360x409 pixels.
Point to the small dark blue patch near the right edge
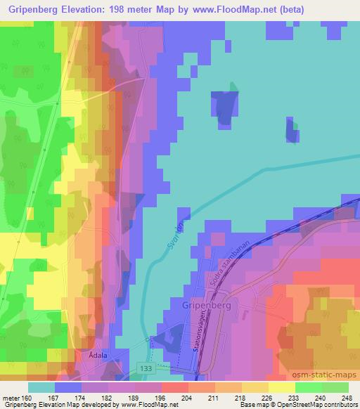point(291,131)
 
